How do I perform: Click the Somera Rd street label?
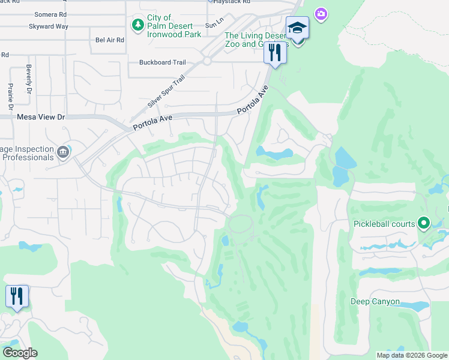point(50,14)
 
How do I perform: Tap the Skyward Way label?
point(49,26)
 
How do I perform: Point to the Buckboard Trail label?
point(162,62)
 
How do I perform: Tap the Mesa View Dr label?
point(40,118)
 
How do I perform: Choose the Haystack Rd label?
point(232,2)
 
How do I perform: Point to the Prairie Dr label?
point(10,92)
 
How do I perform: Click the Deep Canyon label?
point(375,302)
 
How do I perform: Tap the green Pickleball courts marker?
point(424,224)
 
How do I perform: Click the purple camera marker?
point(321,13)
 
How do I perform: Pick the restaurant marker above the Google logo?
point(16,296)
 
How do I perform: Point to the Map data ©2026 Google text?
point(412,355)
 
